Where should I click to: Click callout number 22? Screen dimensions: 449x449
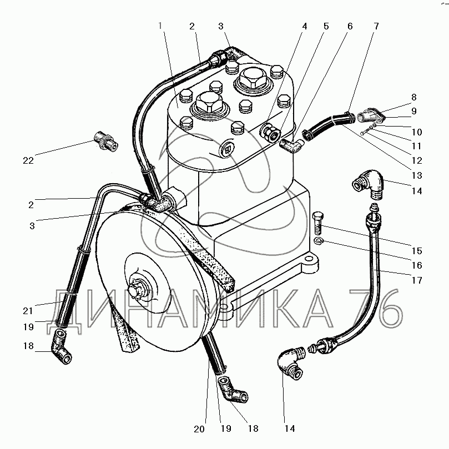28,161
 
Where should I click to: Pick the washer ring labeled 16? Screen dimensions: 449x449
317,240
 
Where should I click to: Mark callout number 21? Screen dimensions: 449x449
28,310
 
